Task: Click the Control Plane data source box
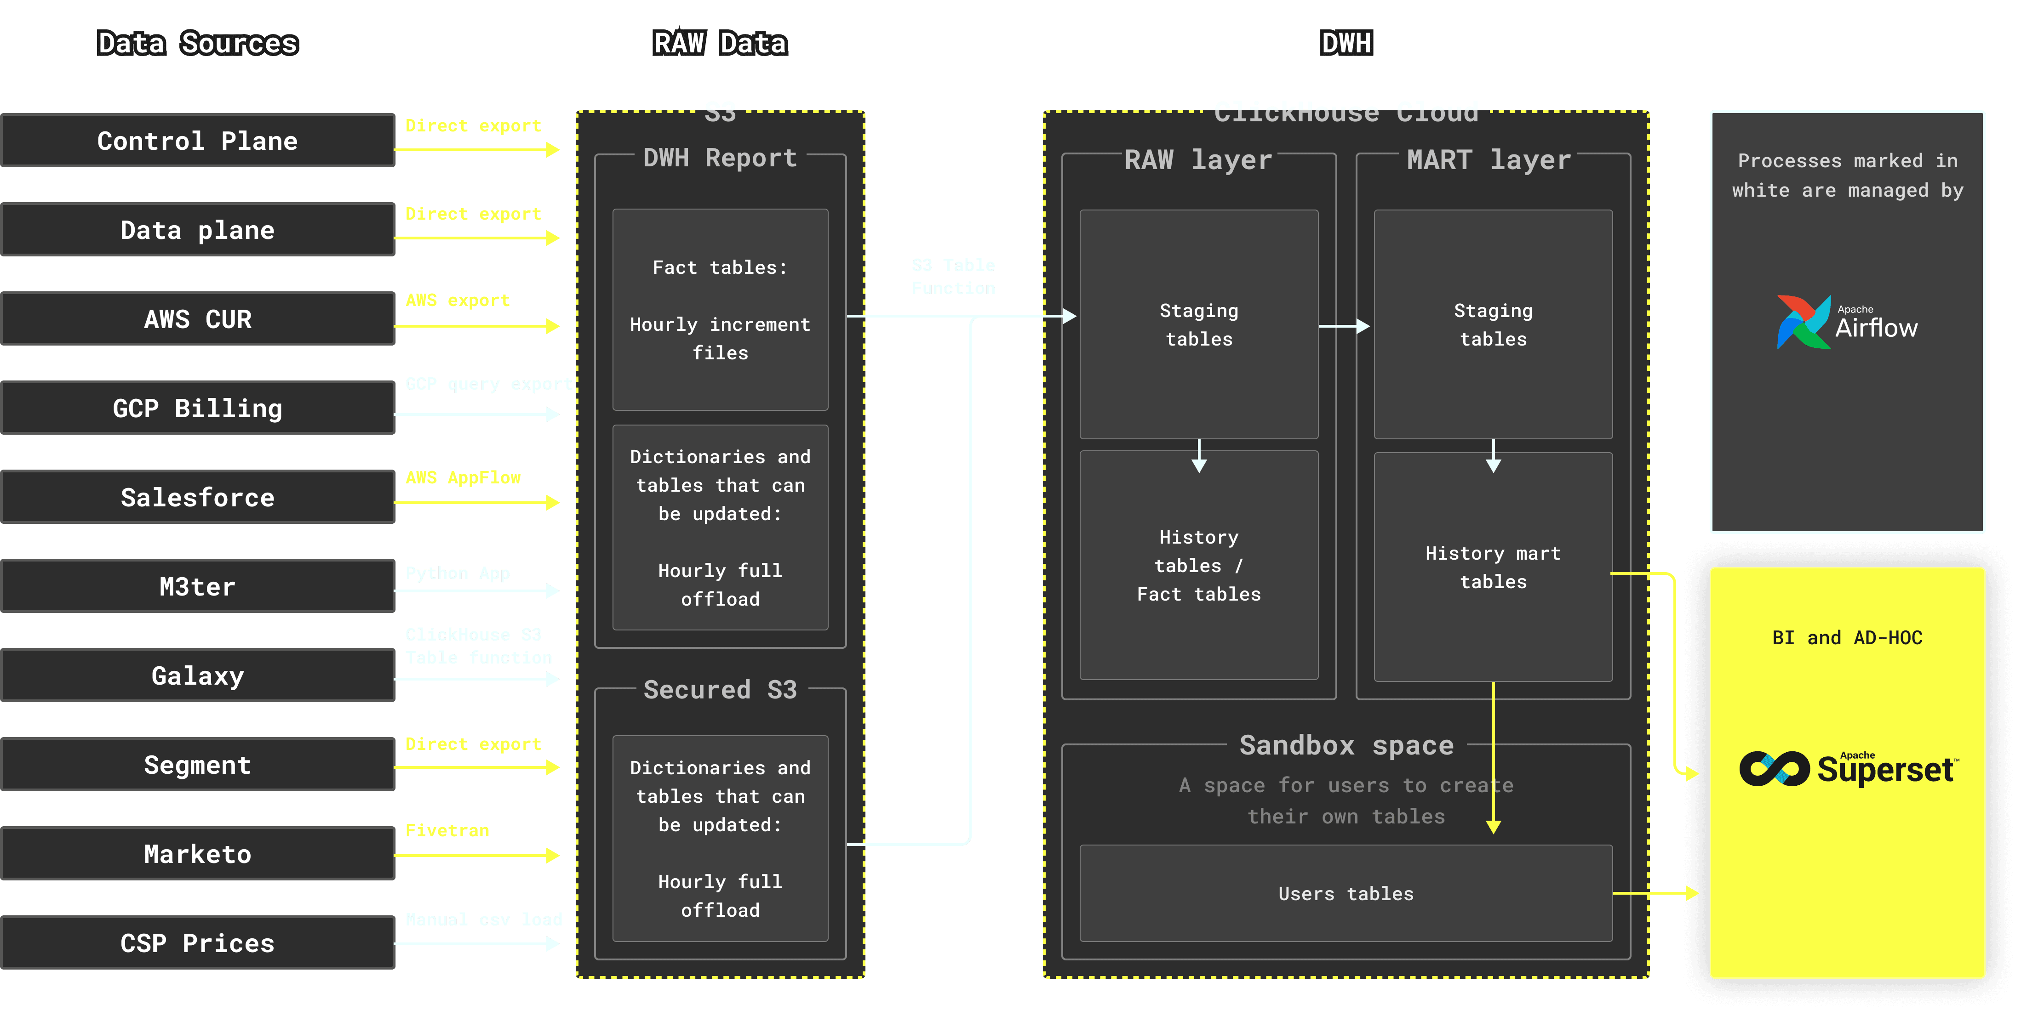pyautogui.click(x=198, y=141)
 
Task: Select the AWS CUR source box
pyautogui.click(x=198, y=318)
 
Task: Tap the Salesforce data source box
pyautogui.click(x=198, y=497)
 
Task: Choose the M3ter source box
pyautogui.click(x=198, y=586)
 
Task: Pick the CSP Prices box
pyautogui.click(x=198, y=942)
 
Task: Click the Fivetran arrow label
pyautogui.click(x=447, y=831)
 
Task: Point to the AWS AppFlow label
pyautogui.click(x=463, y=477)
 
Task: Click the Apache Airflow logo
pyautogui.click(x=1847, y=322)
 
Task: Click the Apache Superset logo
pyautogui.click(x=1847, y=768)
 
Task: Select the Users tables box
pyautogui.click(x=1346, y=894)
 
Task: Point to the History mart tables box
pyautogui.click(x=1493, y=567)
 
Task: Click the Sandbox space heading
pyautogui.click(x=1346, y=745)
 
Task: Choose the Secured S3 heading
pyautogui.click(x=720, y=690)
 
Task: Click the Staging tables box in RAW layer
pyautogui.click(x=1198, y=324)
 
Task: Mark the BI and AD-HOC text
pyautogui.click(x=1847, y=638)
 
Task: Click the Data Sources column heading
pyautogui.click(x=198, y=43)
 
